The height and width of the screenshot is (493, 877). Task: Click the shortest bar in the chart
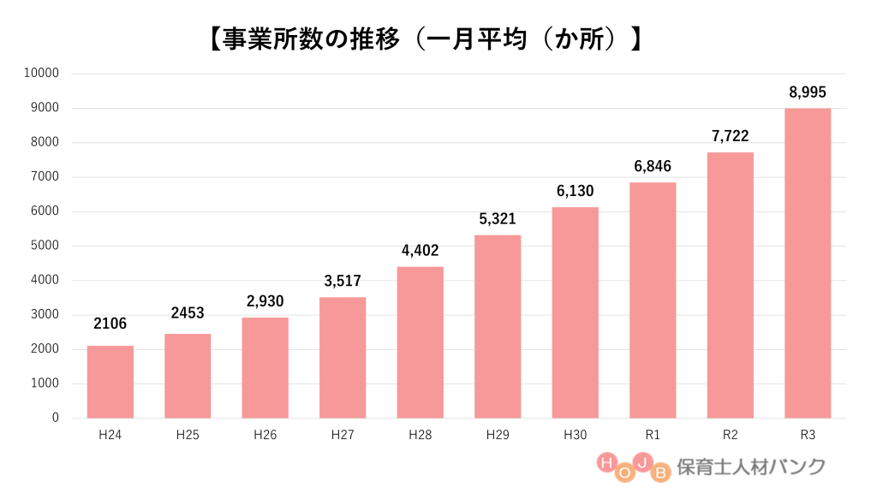[x=110, y=382]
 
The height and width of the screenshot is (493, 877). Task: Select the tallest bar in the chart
[x=808, y=264]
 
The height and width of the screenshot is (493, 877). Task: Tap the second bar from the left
[x=188, y=376]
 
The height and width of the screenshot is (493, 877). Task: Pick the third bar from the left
[x=265, y=367]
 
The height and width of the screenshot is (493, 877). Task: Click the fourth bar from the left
[x=343, y=358]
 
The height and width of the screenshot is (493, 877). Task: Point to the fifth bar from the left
[x=421, y=342]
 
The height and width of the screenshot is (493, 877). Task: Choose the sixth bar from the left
[x=498, y=326]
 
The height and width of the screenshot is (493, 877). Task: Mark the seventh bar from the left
[x=576, y=312]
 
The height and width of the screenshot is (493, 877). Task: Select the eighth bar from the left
[x=653, y=300]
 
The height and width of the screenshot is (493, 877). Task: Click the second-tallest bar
[x=731, y=285]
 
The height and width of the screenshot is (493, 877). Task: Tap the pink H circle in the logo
[x=606, y=463]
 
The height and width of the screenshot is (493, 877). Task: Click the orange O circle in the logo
[x=624, y=472]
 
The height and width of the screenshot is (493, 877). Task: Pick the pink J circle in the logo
[x=642, y=463]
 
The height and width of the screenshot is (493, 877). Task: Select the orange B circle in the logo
[x=660, y=472]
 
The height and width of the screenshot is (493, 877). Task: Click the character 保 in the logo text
[x=685, y=466]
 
